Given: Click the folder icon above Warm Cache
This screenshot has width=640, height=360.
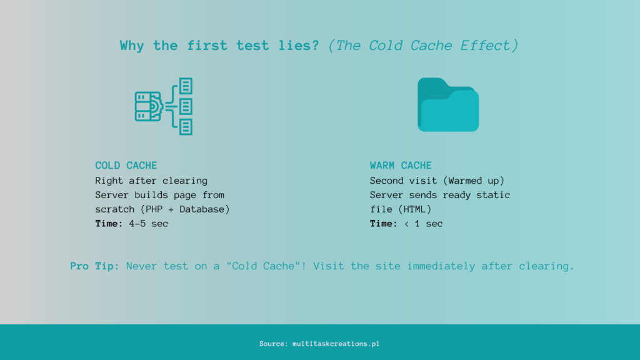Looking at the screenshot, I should tap(448, 105).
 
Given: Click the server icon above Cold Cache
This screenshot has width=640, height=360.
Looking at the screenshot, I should tap(164, 106).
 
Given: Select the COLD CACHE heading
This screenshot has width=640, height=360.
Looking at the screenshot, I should tap(126, 166).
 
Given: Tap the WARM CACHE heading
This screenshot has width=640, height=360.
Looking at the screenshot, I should tap(401, 166).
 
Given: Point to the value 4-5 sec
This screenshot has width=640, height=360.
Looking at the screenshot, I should tap(147, 224).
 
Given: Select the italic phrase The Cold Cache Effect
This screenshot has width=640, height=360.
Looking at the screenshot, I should tap(424, 46).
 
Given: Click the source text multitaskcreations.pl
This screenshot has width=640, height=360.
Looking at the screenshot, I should tap(336, 344).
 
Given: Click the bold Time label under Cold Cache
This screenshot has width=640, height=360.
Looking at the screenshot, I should tap(109, 224).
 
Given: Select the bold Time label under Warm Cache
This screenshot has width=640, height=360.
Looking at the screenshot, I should tap(383, 224).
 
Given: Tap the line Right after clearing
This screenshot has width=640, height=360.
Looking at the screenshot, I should tap(151, 181).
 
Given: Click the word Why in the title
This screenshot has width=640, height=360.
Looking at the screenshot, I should tap(132, 46).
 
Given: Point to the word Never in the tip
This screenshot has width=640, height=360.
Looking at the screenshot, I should tap(142, 266).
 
